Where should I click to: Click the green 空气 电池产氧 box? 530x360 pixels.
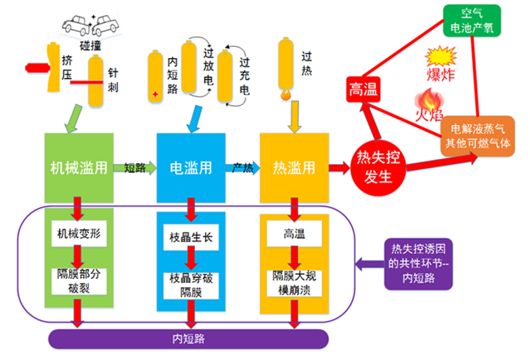pyautogui.click(x=472, y=20)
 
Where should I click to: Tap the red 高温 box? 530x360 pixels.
pyautogui.click(x=363, y=90)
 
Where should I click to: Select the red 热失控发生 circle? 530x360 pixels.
pyautogui.click(x=378, y=168)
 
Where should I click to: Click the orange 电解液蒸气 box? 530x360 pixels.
pyautogui.click(x=478, y=136)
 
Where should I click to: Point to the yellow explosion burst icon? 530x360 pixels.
pyautogui.click(x=441, y=56)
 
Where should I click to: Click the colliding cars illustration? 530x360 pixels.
pyautogui.click(x=90, y=25)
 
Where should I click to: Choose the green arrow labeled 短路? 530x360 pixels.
pyautogui.click(x=135, y=168)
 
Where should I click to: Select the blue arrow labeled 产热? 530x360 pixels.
pyautogui.click(x=243, y=168)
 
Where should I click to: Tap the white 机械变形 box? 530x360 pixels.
pyautogui.click(x=79, y=233)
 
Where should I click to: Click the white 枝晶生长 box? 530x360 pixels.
pyautogui.click(x=191, y=237)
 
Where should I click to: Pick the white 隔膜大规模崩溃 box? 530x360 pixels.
pyautogui.click(x=294, y=283)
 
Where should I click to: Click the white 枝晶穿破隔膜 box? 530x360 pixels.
pyautogui.click(x=191, y=285)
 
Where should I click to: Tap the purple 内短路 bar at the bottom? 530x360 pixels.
pyautogui.click(x=188, y=339)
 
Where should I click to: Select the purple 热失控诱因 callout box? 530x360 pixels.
pyautogui.click(x=418, y=264)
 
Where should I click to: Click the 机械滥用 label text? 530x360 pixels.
pyautogui.click(x=79, y=168)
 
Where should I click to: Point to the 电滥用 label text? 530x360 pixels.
pyautogui.click(x=191, y=168)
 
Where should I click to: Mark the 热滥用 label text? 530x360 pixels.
pyautogui.click(x=294, y=168)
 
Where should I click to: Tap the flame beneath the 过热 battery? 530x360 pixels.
pyautogui.click(x=286, y=95)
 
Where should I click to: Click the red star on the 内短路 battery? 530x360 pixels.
pyautogui.click(x=155, y=94)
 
